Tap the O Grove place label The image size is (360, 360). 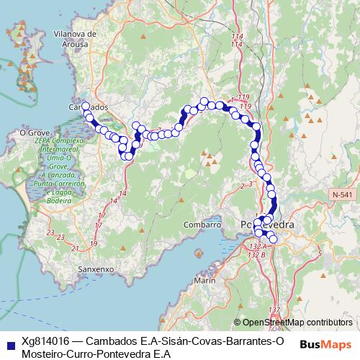click(32, 132)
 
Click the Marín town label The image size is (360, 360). click(205, 279)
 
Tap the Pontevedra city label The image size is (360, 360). click(266, 225)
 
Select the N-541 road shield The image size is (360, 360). click(344, 195)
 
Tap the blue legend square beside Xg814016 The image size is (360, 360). click(9, 341)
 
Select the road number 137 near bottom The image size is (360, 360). click(273, 310)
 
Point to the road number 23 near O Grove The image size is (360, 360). click(49, 232)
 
